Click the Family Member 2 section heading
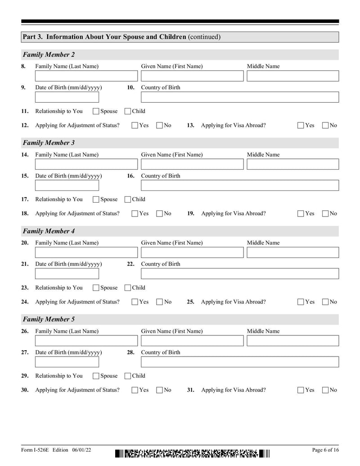49,55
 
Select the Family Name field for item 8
86,76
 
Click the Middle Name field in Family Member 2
292,76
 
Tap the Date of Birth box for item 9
61,97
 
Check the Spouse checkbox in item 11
96,112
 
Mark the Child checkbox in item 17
128,199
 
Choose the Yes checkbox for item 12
135,126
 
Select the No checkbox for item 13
326,126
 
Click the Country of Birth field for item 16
240,185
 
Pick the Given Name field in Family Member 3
191,164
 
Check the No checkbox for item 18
159,214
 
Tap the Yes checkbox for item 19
301,214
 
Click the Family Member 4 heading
49,231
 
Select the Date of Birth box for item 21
61,274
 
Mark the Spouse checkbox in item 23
96,288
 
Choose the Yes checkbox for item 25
301,302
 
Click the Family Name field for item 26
86,341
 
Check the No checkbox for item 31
326,390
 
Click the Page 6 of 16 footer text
325,450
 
